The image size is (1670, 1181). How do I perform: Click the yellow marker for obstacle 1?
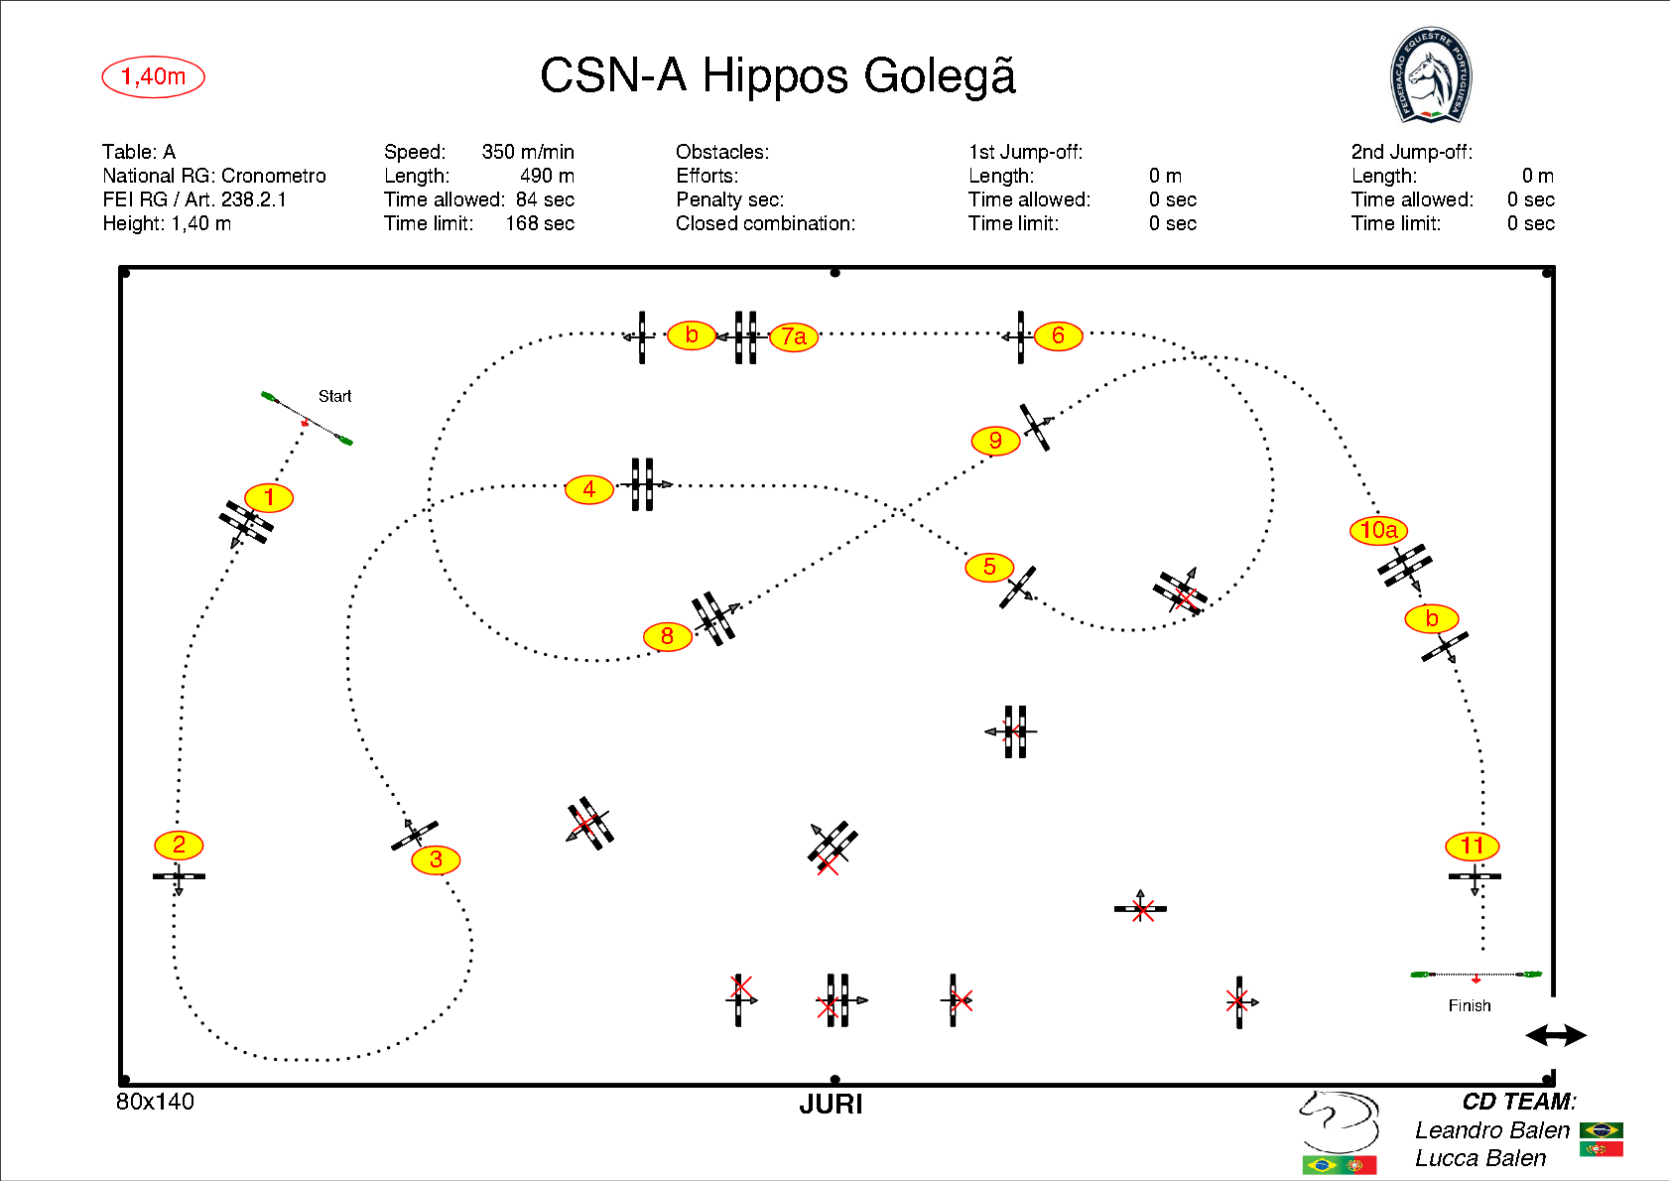pos(269,497)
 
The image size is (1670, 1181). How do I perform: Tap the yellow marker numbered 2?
pos(179,845)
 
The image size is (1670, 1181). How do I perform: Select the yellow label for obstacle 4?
pos(589,488)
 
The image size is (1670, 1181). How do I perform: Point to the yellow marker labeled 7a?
pos(794,336)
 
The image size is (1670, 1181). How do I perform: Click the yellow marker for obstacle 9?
pos(995,441)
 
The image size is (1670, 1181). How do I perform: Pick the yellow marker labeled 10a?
pos(1378,530)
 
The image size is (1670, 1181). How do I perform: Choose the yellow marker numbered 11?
pos(1472,847)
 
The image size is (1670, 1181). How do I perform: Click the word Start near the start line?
pos(334,396)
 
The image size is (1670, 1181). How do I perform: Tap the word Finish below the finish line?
pos(1469,1005)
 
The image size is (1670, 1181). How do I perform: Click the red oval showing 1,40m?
pos(153,76)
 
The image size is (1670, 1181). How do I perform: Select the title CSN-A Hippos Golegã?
pos(778,75)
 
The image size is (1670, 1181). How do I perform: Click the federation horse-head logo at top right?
pos(1430,75)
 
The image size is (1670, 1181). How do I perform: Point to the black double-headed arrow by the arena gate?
pos(1555,1035)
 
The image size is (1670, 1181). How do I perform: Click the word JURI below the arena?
pos(831,1105)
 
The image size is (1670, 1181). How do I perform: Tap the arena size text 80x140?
pos(155,1102)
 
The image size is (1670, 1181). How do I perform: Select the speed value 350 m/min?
pos(528,152)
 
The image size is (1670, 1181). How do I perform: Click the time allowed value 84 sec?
pos(545,199)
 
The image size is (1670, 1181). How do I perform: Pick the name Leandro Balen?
pos(1491,1130)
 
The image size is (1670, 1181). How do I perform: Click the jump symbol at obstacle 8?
pos(714,617)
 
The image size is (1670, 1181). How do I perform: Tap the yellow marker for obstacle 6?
pos(1058,335)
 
